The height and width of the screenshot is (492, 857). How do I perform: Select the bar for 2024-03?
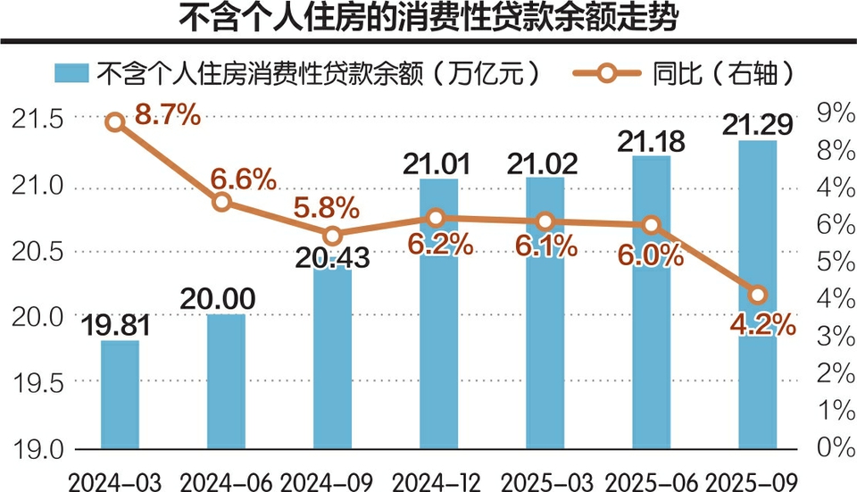tap(120, 394)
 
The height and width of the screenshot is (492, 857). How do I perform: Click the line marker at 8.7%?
tap(115, 122)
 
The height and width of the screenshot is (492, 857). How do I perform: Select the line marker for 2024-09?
tap(332, 236)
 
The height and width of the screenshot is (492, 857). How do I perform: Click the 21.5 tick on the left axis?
tap(37, 119)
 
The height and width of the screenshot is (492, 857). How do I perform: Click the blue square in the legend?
tap(71, 71)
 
